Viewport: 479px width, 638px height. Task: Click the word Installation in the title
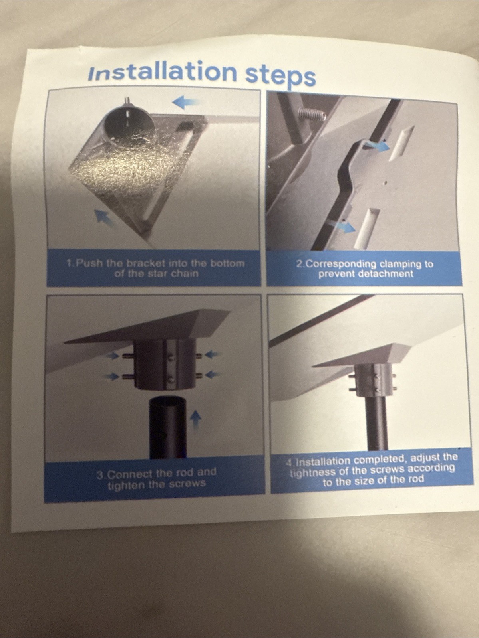(162, 72)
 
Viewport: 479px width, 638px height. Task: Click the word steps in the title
(280, 75)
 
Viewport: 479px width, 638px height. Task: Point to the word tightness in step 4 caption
(312, 472)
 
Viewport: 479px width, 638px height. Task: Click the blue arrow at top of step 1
(185, 102)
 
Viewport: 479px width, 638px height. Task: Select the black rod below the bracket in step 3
(167, 427)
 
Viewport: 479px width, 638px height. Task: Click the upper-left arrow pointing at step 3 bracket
(114, 356)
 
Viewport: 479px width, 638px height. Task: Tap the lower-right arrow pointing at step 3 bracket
(211, 374)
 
